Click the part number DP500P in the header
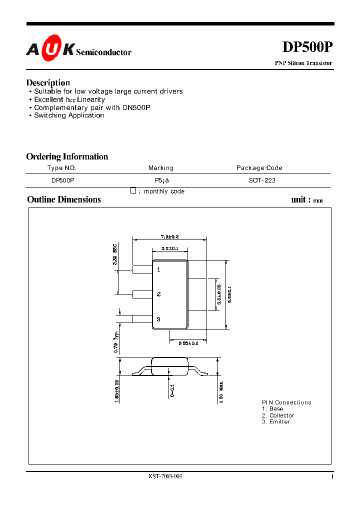point(307,47)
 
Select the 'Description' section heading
point(48,82)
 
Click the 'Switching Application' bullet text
point(69,115)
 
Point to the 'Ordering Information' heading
point(67,156)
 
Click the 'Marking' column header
point(161,168)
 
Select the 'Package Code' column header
point(259,168)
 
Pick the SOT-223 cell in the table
point(262,180)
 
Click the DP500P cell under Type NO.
point(62,180)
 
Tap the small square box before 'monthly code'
point(133,190)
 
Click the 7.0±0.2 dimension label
point(170,236)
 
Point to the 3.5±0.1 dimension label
point(170,248)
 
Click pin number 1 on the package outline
point(158,269)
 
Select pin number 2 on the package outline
point(158,294)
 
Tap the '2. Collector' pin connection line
point(277,415)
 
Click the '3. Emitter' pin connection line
point(275,422)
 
